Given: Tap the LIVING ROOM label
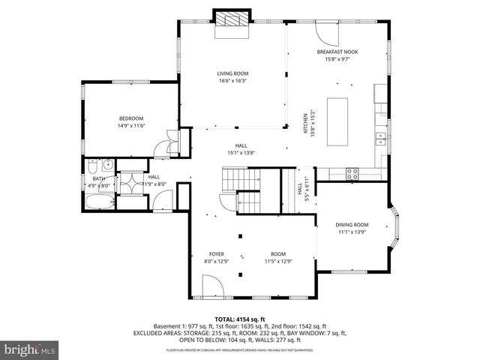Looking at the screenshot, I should click(x=232, y=73).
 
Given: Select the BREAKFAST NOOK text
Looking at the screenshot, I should click(x=337, y=51).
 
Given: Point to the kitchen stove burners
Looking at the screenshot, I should click(x=352, y=173).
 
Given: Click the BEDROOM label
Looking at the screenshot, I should click(x=130, y=118).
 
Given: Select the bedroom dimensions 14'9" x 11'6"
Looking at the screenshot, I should click(x=130, y=125).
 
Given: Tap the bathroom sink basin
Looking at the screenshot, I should click(x=108, y=166).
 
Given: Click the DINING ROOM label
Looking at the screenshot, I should click(x=352, y=225).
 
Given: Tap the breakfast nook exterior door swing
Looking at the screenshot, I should click(x=325, y=32).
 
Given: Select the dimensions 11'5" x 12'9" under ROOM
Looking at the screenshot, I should click(x=278, y=262).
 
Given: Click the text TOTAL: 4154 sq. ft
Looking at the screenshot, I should click(x=240, y=319).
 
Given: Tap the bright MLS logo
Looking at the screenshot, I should click(x=29, y=349).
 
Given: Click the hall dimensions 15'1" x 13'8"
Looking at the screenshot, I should click(x=241, y=153).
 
